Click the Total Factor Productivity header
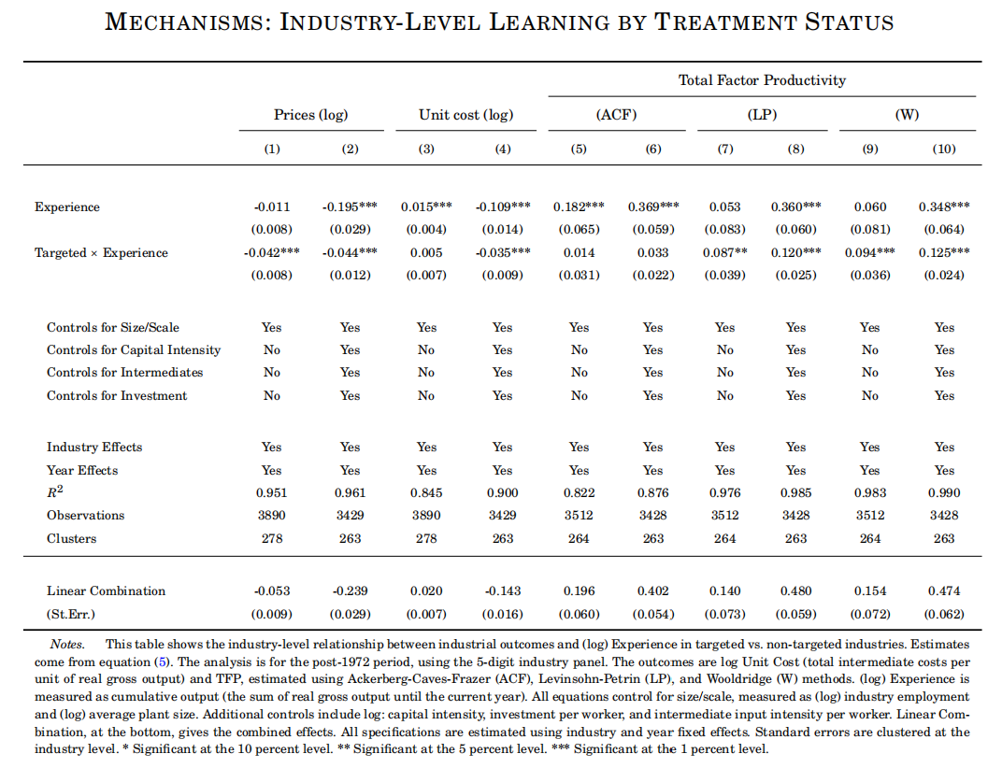click(762, 79)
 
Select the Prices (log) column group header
click(310, 115)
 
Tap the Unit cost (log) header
click(465, 115)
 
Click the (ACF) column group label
click(616, 115)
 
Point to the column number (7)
click(724, 149)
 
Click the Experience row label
click(67, 207)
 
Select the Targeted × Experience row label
click(101, 252)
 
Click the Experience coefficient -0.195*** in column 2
click(350, 207)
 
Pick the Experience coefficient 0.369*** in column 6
click(653, 207)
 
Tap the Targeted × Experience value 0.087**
click(724, 252)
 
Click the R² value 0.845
click(426, 492)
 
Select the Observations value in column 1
click(272, 515)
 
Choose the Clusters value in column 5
click(579, 538)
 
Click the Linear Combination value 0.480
click(795, 591)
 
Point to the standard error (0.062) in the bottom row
click(944, 614)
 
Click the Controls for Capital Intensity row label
click(134, 350)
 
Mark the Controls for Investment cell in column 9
click(869, 395)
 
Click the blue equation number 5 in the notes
click(163, 661)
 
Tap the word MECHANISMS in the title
click(184, 22)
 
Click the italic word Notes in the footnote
click(66, 644)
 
